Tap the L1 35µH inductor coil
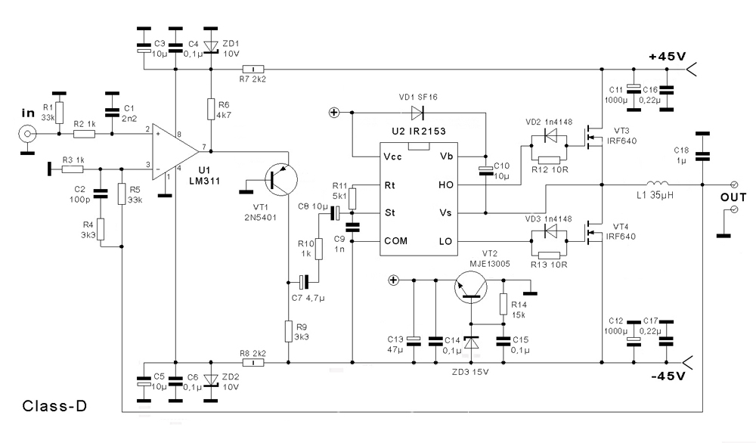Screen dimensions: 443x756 (657, 184)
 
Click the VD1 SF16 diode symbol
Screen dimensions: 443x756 (417, 113)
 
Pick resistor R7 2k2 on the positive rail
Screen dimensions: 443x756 (249, 70)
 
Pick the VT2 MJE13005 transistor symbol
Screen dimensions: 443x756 (471, 289)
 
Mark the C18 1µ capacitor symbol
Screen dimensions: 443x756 (702, 157)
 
